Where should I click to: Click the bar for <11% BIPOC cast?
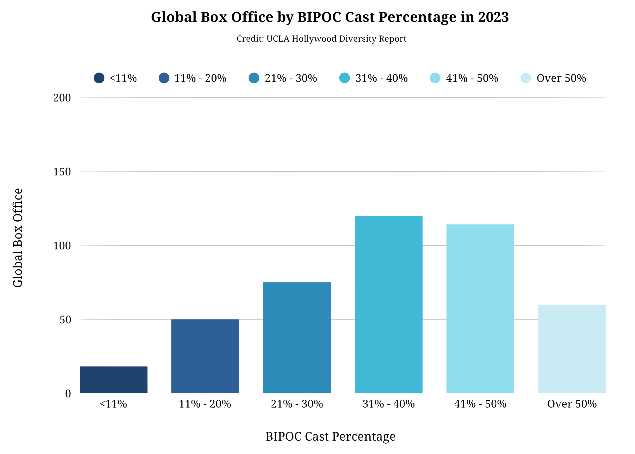pos(113,379)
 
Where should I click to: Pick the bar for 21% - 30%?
pos(297,337)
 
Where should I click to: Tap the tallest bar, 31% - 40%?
pos(388,304)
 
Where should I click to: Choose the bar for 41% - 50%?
pos(480,308)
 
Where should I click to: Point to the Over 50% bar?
pos(572,349)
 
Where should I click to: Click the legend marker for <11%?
pos(99,78)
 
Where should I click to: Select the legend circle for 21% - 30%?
pos(254,78)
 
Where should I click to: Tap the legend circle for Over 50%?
pos(526,78)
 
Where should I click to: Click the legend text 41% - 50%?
pos(472,78)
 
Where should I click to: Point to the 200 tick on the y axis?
pos(62,97)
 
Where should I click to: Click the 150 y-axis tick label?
pos(62,171)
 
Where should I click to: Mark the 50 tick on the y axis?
pos(65,319)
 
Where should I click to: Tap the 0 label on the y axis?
pos(68,393)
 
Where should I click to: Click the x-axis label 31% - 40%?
pos(388,404)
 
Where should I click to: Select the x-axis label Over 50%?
pos(572,404)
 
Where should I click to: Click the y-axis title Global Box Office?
pos(18,238)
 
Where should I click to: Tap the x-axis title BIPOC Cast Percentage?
pos(330,436)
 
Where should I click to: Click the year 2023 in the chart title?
pos(493,17)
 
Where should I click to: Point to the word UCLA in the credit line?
pos(278,39)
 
